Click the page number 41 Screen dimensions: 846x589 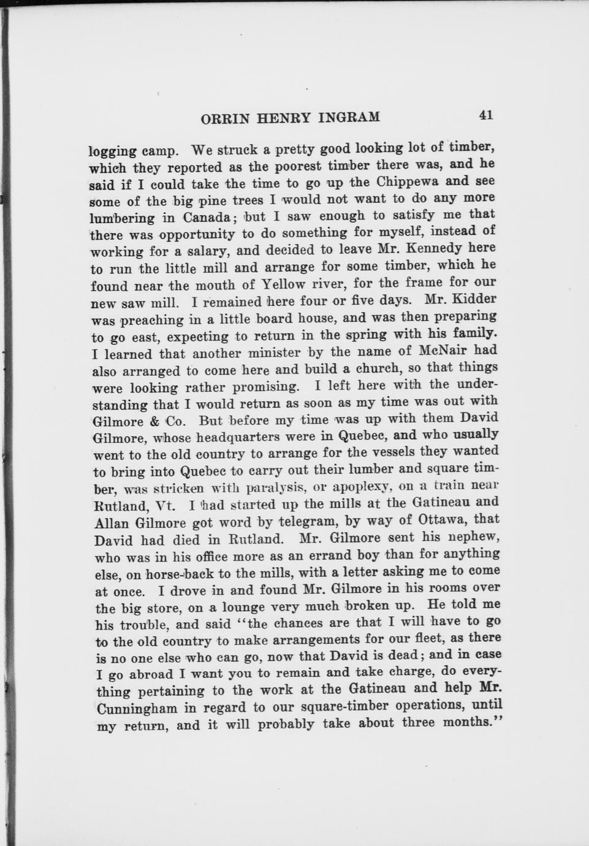pyautogui.click(x=486, y=115)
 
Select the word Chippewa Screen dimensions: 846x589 pyautogui.click(x=407, y=182)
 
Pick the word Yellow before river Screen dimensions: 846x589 pyautogui.click(x=283, y=284)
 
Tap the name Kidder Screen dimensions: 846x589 pyautogui.click(x=473, y=299)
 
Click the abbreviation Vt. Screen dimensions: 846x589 pyautogui.click(x=165, y=506)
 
